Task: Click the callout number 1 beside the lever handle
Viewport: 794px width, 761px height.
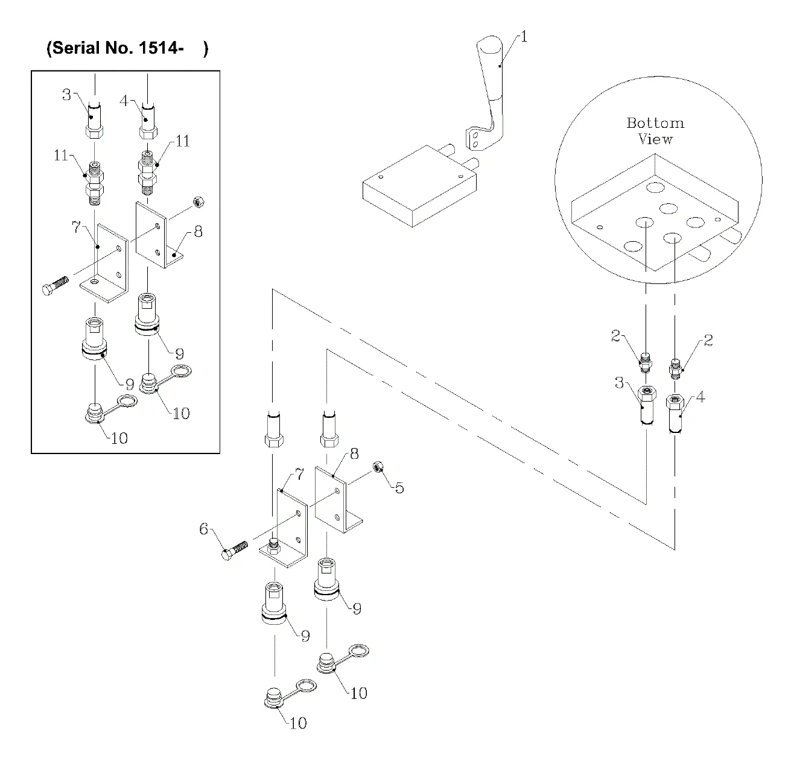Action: pyautogui.click(x=524, y=37)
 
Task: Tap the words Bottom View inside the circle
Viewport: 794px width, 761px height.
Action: pyautogui.click(x=655, y=131)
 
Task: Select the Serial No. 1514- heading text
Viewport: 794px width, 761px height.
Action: pyautogui.click(x=127, y=49)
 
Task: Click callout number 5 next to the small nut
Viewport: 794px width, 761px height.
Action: pyautogui.click(x=399, y=487)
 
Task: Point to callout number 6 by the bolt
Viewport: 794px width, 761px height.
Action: pyautogui.click(x=204, y=529)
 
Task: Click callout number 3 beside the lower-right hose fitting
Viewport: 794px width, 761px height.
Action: pyautogui.click(x=620, y=382)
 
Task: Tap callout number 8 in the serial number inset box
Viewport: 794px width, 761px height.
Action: pyautogui.click(x=198, y=232)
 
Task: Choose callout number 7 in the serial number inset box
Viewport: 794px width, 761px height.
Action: pyautogui.click(x=75, y=227)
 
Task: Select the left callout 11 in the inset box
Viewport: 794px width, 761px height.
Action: pyautogui.click(x=61, y=155)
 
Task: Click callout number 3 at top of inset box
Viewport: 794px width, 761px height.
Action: pyautogui.click(x=66, y=94)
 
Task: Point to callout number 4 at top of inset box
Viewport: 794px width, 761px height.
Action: pyautogui.click(x=124, y=100)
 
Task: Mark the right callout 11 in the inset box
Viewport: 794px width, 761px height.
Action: pyautogui.click(x=182, y=141)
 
